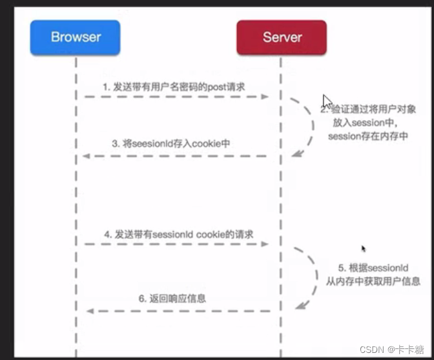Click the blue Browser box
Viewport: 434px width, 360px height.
(x=75, y=37)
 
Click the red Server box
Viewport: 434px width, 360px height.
(x=282, y=37)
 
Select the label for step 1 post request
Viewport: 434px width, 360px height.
(x=172, y=86)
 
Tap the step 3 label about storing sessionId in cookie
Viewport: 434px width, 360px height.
(x=171, y=144)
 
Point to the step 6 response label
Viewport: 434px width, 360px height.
(x=172, y=299)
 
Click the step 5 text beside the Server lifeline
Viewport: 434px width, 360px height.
(x=371, y=274)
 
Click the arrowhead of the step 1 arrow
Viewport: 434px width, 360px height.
(x=265, y=96)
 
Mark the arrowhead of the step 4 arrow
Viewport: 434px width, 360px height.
(x=265, y=244)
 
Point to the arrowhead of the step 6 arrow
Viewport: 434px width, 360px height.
(x=90, y=311)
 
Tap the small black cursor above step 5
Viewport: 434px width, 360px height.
(x=364, y=248)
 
